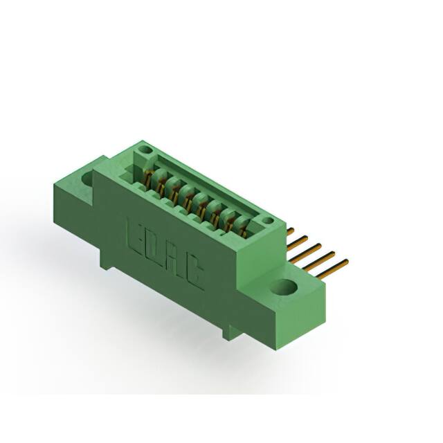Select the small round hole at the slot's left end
point(145,150)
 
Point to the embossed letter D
point(154,245)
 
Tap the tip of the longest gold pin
point(345,262)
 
